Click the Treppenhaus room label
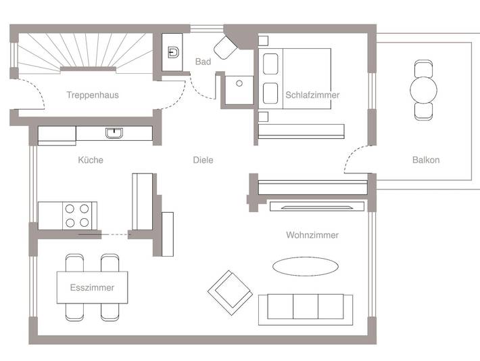[x=93, y=95]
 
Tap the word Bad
[x=203, y=62]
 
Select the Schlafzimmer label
[x=312, y=95]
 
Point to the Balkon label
[x=426, y=161]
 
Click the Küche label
[x=91, y=161]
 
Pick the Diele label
[x=203, y=161]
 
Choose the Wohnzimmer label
[x=312, y=235]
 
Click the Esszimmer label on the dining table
[x=92, y=288]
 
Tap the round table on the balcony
[x=425, y=89]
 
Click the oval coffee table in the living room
[x=306, y=266]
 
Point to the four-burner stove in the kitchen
[x=78, y=215]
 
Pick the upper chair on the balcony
[x=425, y=68]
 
